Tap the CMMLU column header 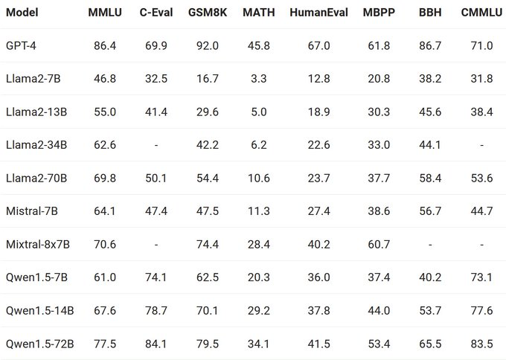pyautogui.click(x=481, y=13)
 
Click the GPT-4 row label pyautogui.click(x=21, y=46)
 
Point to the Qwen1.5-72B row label pyautogui.click(x=39, y=344)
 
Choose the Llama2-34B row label pyautogui.click(x=35, y=145)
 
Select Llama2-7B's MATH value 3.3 pyautogui.click(x=258, y=79)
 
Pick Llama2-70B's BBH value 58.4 pyautogui.click(x=429, y=179)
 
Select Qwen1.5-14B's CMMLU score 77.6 pyautogui.click(x=481, y=310)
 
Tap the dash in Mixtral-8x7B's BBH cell pyautogui.click(x=429, y=244)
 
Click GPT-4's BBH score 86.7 pyautogui.click(x=429, y=46)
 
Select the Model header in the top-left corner pyautogui.click(x=22, y=13)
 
